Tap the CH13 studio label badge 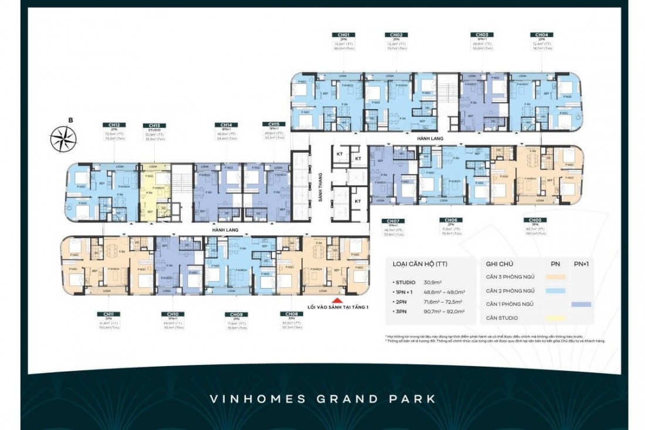click(154, 126)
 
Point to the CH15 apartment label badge click(273, 124)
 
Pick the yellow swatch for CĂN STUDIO click(555, 318)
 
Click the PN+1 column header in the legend click(582, 264)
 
